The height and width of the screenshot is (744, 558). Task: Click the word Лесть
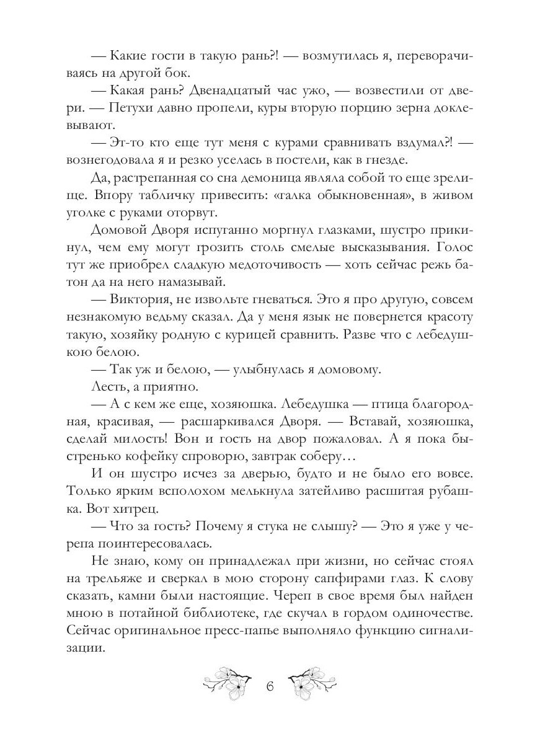point(108,387)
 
